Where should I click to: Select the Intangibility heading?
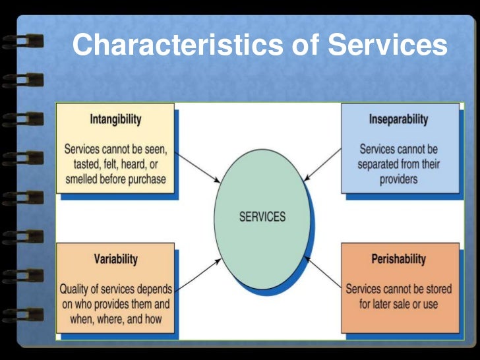pos(115,120)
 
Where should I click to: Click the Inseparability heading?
pos(398,119)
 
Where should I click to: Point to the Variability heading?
pos(115,258)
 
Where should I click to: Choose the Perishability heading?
pos(398,258)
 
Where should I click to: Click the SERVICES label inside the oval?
pos(262,216)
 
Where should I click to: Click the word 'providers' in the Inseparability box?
pos(398,179)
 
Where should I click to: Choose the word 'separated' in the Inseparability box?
pos(384,164)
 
